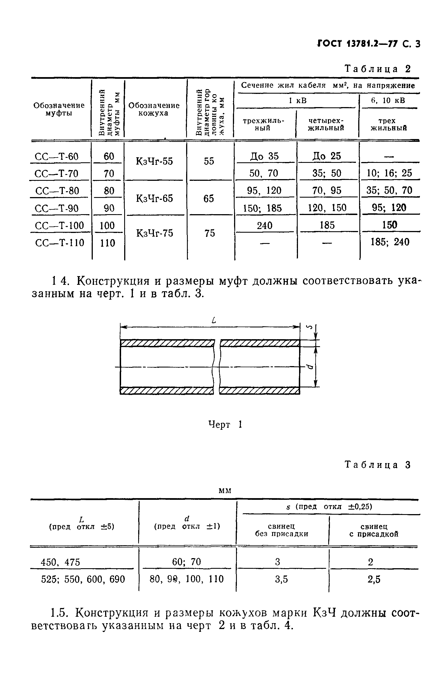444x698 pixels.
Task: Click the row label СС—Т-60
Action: (57, 157)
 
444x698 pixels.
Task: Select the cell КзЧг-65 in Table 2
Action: (154, 198)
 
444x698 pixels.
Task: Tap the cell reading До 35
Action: (264, 156)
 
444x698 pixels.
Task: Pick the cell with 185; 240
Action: (390, 242)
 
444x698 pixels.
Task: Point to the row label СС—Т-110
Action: (60, 243)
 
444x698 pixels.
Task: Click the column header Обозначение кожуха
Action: (154, 109)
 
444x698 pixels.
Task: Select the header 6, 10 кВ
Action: (388, 101)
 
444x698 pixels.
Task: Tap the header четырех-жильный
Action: (326, 124)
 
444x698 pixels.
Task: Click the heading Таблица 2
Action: (377, 69)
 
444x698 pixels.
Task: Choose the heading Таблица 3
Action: (377, 465)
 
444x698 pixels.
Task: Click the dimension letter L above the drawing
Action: (214, 320)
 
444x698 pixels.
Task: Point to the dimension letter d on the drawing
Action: (310, 367)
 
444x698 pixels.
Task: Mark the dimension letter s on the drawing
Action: (309, 327)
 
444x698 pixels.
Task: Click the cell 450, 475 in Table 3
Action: (60, 563)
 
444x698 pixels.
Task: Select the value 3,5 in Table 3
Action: (281, 579)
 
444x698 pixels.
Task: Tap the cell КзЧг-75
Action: (154, 233)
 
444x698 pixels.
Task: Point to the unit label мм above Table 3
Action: (225, 491)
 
